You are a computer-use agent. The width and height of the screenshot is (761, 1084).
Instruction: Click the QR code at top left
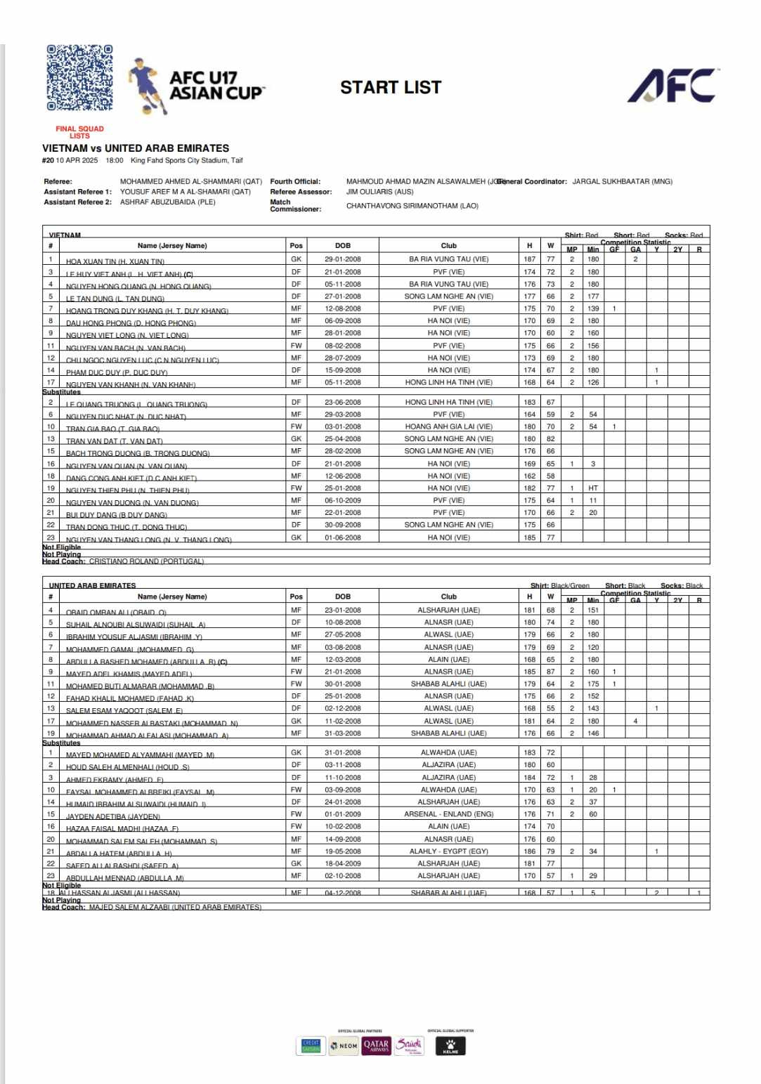pos(79,78)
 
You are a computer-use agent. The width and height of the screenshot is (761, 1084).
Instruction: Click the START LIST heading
pos(391,88)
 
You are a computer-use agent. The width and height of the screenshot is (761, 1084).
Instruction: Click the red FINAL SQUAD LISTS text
pos(79,132)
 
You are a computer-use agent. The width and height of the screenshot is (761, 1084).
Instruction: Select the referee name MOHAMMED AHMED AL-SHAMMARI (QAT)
pos(190,181)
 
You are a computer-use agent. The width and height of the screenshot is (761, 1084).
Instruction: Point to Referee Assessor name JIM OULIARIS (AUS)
pos(379,192)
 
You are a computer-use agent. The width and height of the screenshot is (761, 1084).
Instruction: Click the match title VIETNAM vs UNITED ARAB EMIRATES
pos(136,148)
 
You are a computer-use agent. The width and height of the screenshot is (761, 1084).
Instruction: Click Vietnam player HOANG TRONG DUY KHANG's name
pos(147,311)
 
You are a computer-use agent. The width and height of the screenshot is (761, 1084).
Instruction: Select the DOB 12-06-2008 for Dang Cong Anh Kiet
pos(342,476)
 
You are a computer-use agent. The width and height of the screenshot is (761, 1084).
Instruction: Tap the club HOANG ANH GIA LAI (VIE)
pos(448,426)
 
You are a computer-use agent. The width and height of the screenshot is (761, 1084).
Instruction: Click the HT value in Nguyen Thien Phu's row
pos(593,488)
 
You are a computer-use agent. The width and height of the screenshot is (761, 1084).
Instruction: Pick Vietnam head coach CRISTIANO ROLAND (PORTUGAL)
pos(146,561)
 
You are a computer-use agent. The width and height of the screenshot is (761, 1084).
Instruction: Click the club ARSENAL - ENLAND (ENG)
pos(448,814)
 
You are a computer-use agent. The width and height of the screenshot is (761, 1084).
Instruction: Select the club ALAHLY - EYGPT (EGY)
pos(448,851)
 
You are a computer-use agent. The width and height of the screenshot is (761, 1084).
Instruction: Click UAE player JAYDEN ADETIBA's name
pos(112,816)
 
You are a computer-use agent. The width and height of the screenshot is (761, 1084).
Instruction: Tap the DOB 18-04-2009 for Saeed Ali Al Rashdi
pos(342,863)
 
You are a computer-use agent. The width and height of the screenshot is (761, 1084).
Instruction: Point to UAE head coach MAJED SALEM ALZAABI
pos(175,907)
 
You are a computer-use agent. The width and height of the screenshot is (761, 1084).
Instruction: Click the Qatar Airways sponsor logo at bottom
pos(376,1045)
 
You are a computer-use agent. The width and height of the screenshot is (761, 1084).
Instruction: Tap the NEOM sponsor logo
pos(344,1046)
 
